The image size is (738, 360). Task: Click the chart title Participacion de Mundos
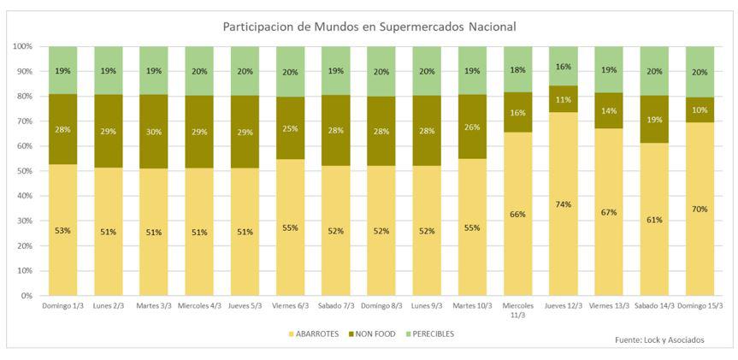tap(369, 27)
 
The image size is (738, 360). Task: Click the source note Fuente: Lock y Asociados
tap(659, 340)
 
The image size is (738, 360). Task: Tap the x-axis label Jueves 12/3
tap(564, 305)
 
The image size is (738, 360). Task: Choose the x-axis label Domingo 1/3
tap(62, 305)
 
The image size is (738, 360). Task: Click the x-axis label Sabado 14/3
tap(655, 305)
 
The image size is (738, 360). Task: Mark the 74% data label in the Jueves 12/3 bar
tap(564, 204)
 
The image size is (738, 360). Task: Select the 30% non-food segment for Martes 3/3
tap(154, 131)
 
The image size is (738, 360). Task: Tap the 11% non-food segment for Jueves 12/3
tap(564, 99)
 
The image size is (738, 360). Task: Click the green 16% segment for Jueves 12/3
tap(564, 66)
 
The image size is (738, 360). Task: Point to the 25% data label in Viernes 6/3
tap(291, 128)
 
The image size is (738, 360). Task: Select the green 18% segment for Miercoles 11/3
tap(518, 69)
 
